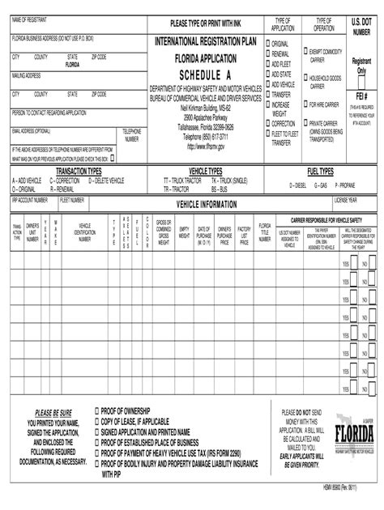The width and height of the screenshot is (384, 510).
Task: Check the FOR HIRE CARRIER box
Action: (x=305, y=104)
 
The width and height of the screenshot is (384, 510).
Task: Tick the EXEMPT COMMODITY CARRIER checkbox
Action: (x=305, y=51)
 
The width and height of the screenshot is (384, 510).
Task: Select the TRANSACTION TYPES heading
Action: (x=78, y=172)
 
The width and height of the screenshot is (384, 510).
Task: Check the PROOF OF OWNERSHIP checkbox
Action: (x=98, y=410)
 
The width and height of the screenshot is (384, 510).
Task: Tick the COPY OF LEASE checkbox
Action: (x=98, y=421)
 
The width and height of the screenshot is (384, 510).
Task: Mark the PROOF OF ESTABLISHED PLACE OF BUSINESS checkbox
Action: (x=98, y=443)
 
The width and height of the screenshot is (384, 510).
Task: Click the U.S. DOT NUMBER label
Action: (x=361, y=25)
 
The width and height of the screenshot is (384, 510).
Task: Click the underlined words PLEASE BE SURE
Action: (x=53, y=412)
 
